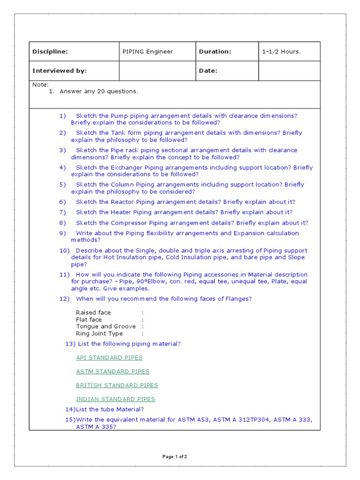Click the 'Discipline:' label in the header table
coord(50,52)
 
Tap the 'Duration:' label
coord(215,52)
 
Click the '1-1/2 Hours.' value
coord(282,52)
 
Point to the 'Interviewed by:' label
coord(60,71)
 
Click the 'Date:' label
coord(208,71)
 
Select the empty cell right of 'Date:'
coord(289,71)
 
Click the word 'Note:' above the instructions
coord(40,85)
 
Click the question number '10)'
coord(64,250)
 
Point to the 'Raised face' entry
coord(93,312)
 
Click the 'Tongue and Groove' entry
coord(106,326)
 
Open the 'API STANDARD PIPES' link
coord(109,358)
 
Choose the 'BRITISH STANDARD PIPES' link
coord(117,385)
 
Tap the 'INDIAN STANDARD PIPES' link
coord(115,399)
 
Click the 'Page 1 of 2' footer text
coord(175,457)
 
